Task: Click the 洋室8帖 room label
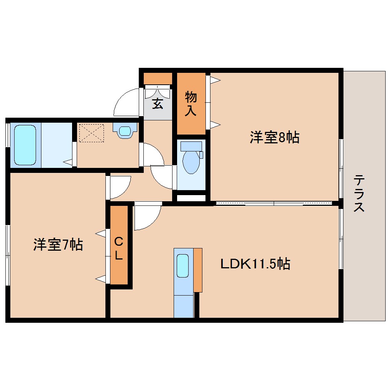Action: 274,137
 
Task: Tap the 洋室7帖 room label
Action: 58,244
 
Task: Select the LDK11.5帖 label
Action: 255,264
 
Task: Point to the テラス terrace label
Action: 359,193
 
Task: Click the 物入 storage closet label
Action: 191,103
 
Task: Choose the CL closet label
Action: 119,248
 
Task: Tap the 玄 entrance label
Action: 158,103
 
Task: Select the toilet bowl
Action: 191,161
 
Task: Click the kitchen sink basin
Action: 183,265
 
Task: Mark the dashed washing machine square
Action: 91,133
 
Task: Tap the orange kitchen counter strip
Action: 198,270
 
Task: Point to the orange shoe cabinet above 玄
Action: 158,78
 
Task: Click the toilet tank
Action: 191,146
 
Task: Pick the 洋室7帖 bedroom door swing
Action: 120,187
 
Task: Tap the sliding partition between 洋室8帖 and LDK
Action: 274,203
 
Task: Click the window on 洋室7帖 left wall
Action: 8,255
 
